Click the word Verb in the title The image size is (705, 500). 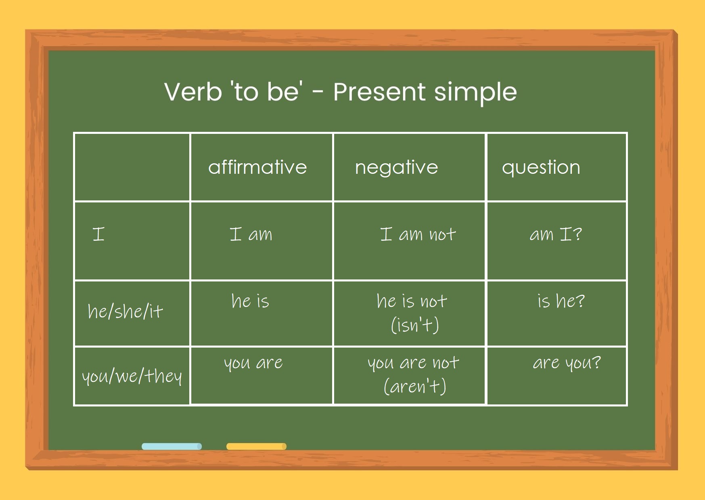pos(193,92)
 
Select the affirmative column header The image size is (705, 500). pos(257,167)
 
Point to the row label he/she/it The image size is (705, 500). pos(125,311)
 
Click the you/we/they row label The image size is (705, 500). pos(132,376)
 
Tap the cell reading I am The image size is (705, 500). pos(251,234)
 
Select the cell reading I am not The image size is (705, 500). pos(418,234)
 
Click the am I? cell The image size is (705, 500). pos(556,234)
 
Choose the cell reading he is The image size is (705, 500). pos(250,301)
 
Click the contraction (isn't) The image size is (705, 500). pos(415,325)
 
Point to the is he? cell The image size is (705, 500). pos(561,301)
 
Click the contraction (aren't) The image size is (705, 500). pos(415,386)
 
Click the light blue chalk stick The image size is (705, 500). pos(172,446)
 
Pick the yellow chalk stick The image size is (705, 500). pos(256,446)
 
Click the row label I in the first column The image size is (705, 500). pos(98,234)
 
